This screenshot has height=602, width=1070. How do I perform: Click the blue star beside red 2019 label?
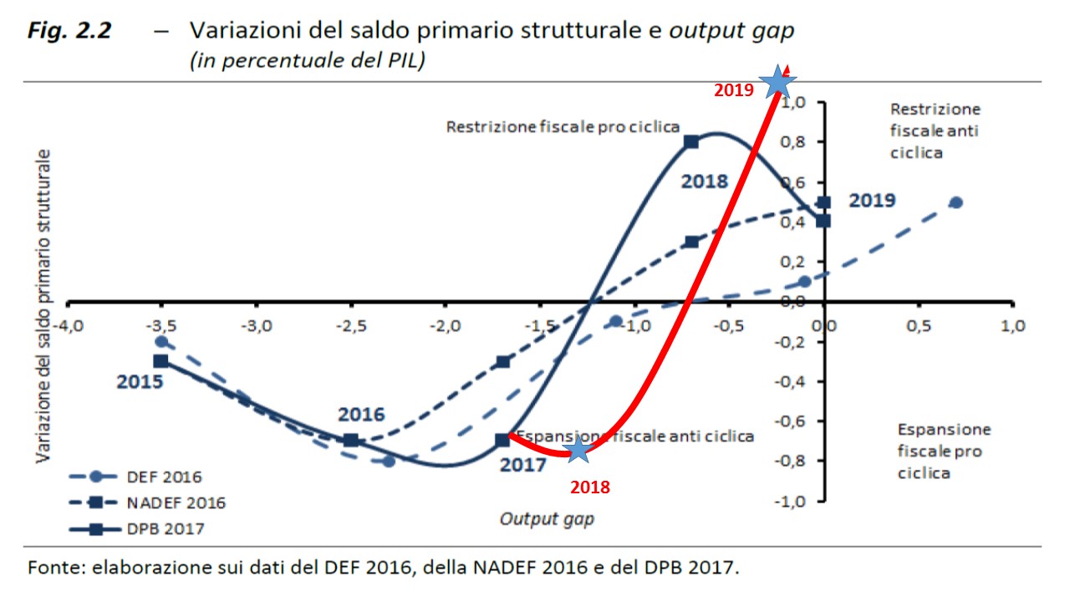pyautogui.click(x=777, y=81)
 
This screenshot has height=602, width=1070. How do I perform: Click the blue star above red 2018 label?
pyautogui.click(x=577, y=450)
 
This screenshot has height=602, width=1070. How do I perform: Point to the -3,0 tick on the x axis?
pyautogui.click(x=257, y=324)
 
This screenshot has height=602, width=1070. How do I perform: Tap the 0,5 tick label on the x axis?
pyautogui.click(x=918, y=324)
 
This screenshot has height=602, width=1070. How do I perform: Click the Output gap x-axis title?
pyautogui.click(x=547, y=518)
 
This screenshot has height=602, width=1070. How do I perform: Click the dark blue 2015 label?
pyautogui.click(x=139, y=381)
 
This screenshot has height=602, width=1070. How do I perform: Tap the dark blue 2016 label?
pyautogui.click(x=360, y=415)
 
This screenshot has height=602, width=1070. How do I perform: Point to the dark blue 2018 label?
pyautogui.click(x=704, y=180)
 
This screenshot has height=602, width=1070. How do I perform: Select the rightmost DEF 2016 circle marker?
pyautogui.click(x=956, y=202)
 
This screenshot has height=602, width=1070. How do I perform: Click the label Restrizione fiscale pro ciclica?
pyautogui.click(x=562, y=127)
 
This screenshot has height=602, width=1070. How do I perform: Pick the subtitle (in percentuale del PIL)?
pyautogui.click(x=308, y=62)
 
